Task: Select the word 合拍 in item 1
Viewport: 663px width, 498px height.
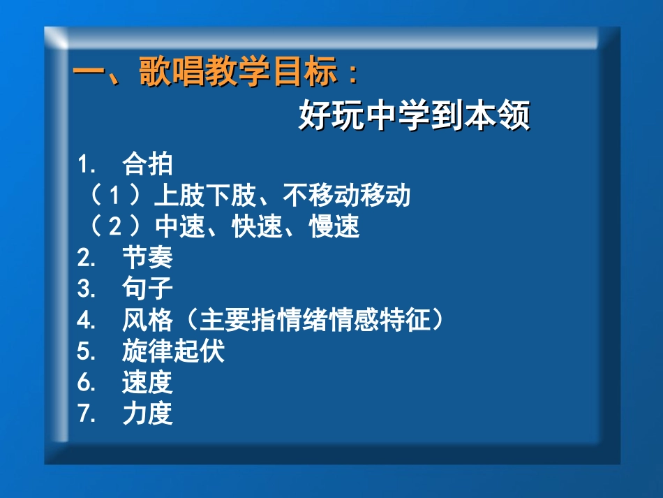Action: coord(147,165)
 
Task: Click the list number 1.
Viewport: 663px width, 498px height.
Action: coord(86,165)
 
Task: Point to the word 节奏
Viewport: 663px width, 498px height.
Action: coord(147,258)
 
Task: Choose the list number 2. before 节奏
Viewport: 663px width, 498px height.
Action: coord(86,258)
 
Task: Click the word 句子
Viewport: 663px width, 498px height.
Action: coord(147,288)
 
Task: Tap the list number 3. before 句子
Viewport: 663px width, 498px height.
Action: coord(86,288)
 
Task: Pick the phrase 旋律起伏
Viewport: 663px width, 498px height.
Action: coord(173,351)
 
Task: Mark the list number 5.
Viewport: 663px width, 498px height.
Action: coord(86,351)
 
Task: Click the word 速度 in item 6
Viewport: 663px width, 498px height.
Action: coord(147,382)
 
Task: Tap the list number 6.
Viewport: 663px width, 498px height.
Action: coord(86,382)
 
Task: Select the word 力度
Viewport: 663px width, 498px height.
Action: coord(147,413)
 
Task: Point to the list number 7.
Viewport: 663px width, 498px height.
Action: coord(86,413)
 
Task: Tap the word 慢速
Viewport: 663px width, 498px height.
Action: coord(334,226)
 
